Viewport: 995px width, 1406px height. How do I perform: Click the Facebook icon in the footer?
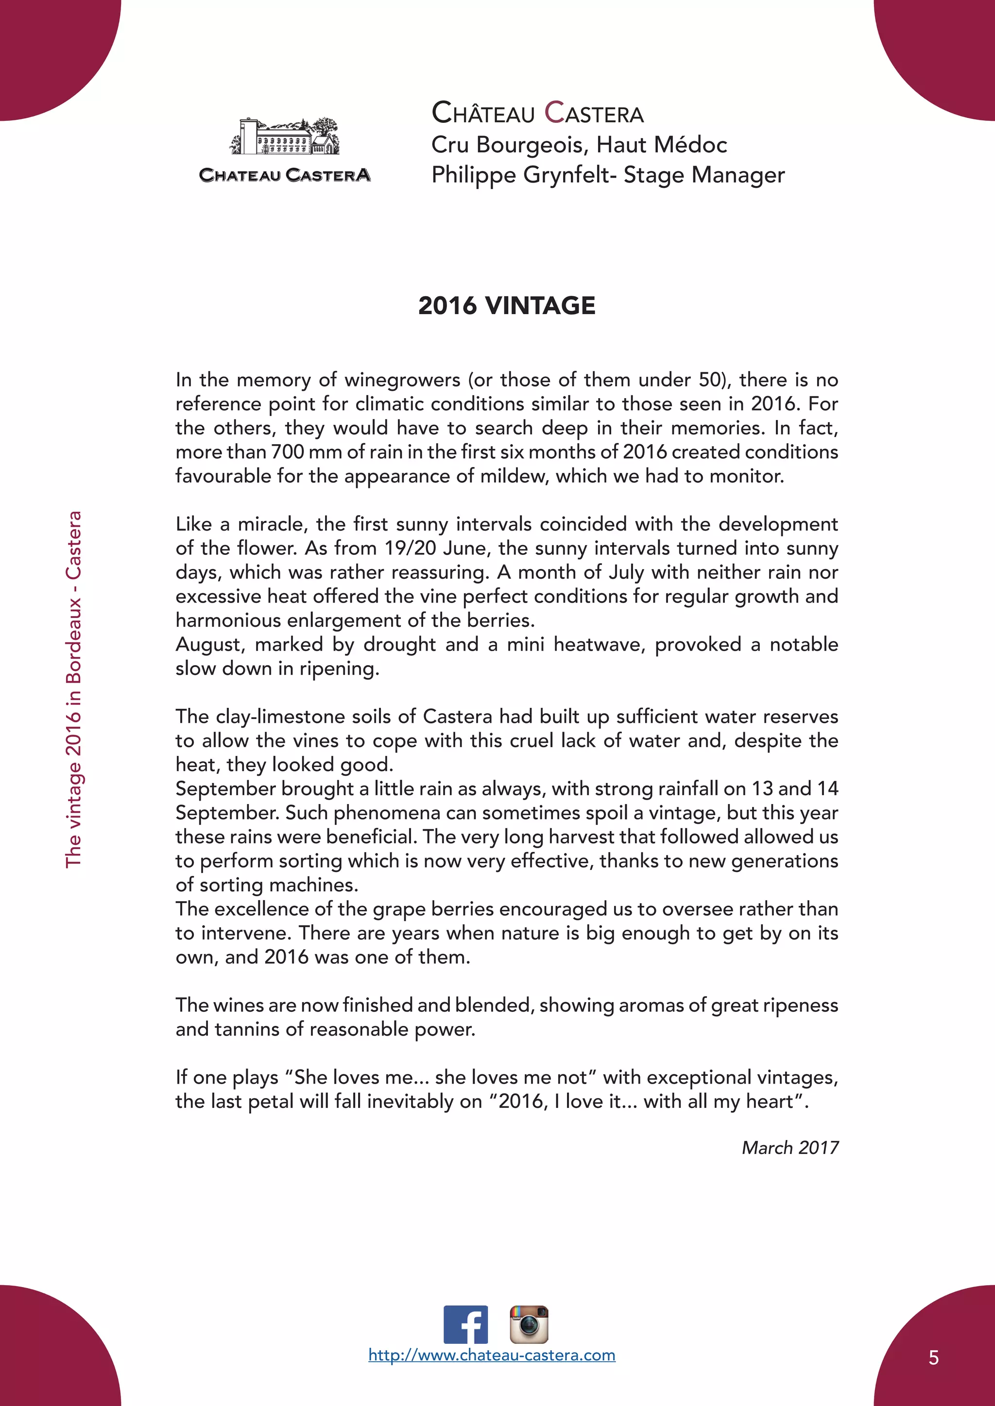tap(465, 1324)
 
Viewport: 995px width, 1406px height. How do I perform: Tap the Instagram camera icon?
tap(529, 1324)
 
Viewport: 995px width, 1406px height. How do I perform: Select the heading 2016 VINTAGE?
tap(507, 305)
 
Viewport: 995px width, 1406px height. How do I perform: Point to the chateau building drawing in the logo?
tap(285, 137)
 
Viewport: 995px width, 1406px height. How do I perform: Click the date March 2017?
tap(790, 1148)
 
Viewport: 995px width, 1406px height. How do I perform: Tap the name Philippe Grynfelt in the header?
tap(521, 175)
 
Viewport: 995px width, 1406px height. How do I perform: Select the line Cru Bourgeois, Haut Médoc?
tap(579, 145)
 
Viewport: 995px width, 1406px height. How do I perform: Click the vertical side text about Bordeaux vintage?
tap(73, 689)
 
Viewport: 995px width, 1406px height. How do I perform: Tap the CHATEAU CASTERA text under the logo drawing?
tap(285, 175)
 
